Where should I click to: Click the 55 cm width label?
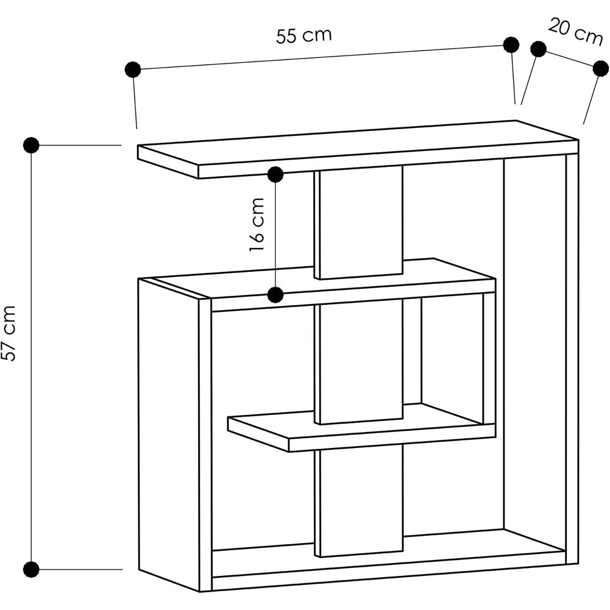pos(304,35)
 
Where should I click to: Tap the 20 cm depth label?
pos(575,32)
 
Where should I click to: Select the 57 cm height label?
pos(9,333)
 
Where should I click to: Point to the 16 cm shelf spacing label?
pos(257,225)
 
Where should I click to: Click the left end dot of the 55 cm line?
pos(133,69)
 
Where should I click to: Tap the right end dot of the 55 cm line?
pos(511,44)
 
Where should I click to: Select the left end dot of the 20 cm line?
pos(539,49)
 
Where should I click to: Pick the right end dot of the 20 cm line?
pos(601,69)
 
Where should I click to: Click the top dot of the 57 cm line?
pos(31,145)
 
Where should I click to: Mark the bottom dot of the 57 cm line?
pos(31,569)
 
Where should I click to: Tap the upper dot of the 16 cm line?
pos(275,175)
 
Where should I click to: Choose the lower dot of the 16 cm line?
pos(276,295)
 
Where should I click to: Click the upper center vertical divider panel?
pos(358,222)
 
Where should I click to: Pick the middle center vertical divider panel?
pos(358,362)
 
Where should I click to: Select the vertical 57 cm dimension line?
pos(31,357)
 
